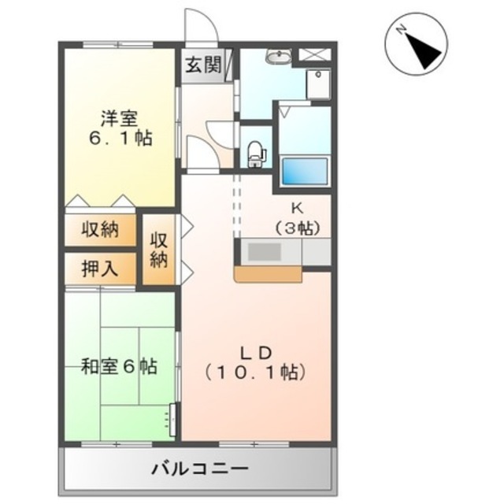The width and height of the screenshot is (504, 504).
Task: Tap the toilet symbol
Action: pos(258,154)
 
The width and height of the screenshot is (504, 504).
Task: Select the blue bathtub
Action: pos(305,171)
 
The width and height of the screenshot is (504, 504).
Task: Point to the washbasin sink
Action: pos(279,57)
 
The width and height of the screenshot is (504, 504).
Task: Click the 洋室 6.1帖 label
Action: pos(120,128)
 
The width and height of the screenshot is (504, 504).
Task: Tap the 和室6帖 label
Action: pos(119,366)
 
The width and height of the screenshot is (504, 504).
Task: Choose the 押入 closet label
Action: pos(100,269)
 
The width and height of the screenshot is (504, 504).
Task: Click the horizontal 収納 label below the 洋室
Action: pos(100,230)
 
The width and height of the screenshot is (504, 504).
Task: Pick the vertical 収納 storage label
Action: pos(159,250)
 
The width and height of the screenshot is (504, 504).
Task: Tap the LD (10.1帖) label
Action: pos(256,363)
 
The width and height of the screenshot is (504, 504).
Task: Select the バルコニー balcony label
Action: pos(200,469)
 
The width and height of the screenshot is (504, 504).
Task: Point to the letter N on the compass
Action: pos(401,30)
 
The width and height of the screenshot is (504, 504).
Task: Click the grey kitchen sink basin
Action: pos(265,252)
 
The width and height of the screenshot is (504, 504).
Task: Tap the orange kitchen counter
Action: pos(268,274)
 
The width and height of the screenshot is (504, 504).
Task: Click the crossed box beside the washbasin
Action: pos(315,54)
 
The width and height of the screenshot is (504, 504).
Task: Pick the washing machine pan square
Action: pos(318,84)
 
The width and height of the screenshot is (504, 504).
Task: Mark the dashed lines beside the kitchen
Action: pos(237,206)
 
